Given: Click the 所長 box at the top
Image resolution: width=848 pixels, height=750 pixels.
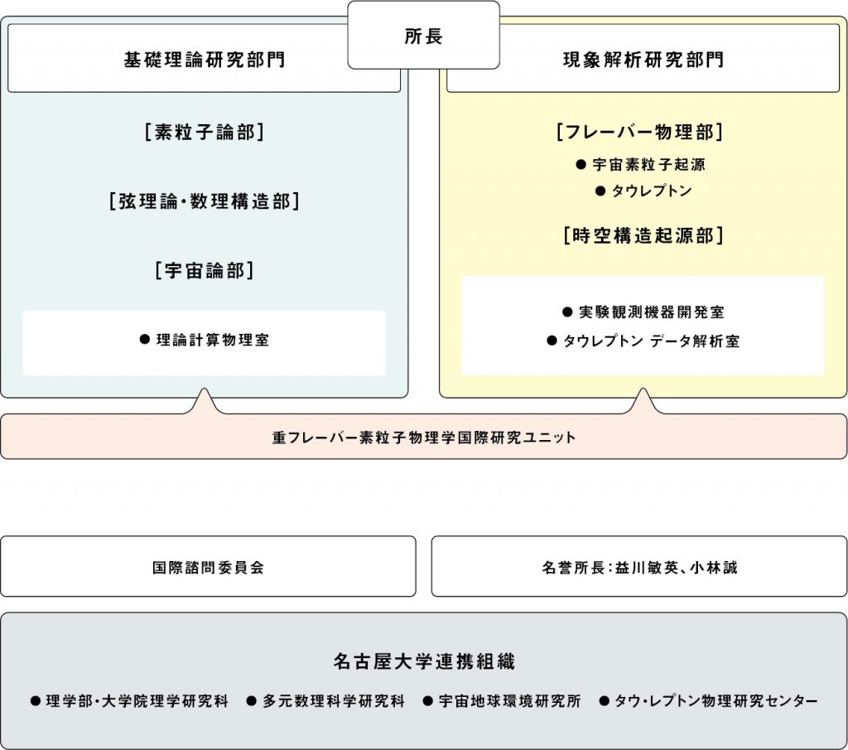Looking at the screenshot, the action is tap(423, 35).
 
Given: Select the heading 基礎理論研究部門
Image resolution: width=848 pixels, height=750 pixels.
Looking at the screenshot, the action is tap(205, 60).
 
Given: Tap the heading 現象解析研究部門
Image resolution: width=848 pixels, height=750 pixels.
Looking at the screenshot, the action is tap(643, 60).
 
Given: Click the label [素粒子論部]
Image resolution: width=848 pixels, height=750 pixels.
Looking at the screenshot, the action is tap(205, 132).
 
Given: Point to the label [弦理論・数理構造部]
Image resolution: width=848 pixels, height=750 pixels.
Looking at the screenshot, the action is tap(205, 201).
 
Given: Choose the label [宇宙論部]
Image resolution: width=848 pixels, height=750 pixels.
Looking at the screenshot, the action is tap(205, 270).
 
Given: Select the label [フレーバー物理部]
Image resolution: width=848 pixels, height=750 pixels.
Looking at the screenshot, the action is tap(640, 132).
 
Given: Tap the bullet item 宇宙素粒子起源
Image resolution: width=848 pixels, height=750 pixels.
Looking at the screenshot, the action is tap(641, 164).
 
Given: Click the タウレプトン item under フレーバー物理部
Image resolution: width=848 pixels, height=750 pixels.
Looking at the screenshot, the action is tap(643, 191).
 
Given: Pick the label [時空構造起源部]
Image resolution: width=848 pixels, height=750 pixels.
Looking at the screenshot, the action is tap(643, 236).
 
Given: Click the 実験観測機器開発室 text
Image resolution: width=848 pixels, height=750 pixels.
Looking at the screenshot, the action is tap(643, 312).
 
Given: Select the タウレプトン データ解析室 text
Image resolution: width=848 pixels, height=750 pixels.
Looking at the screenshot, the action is tap(643, 341).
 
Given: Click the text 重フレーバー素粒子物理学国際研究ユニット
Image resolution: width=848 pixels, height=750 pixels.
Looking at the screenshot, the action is tap(424, 438).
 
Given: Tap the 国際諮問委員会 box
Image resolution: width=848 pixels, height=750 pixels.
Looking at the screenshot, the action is tap(208, 567).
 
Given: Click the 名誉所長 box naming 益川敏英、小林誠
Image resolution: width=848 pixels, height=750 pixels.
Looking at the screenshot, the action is tap(639, 567).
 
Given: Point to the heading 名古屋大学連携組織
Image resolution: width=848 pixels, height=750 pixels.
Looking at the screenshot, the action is tap(424, 661).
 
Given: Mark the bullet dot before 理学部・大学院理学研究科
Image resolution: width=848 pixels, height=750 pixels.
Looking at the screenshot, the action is tap(36, 701).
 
